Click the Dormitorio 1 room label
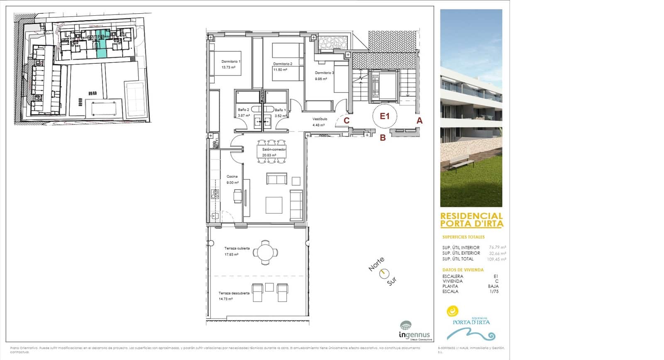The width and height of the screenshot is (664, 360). tap(231, 61)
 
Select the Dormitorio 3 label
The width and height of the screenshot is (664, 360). tap(324, 73)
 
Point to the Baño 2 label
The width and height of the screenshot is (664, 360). tap(243, 110)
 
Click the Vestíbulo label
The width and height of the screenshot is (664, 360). tap(320, 119)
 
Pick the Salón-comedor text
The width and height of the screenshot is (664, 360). tap(274, 150)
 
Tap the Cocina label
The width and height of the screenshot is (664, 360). tap(232, 177)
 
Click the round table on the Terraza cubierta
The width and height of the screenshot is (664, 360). tap(264, 252)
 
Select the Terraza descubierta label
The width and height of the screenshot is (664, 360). tap(234, 293)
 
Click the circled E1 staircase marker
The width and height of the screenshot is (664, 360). tap(385, 116)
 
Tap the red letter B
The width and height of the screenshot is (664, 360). tap(383, 138)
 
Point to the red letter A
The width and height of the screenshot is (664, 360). tap(420, 121)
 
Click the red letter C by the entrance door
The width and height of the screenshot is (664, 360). tap(347, 121)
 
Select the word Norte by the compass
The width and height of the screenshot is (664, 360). tap(376, 264)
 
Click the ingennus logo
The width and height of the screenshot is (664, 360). tap(414, 331)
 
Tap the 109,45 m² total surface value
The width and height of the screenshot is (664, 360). tap(496, 259)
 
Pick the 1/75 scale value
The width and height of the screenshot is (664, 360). tap(494, 292)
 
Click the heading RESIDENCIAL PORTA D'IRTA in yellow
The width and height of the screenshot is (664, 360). tap(471, 220)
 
